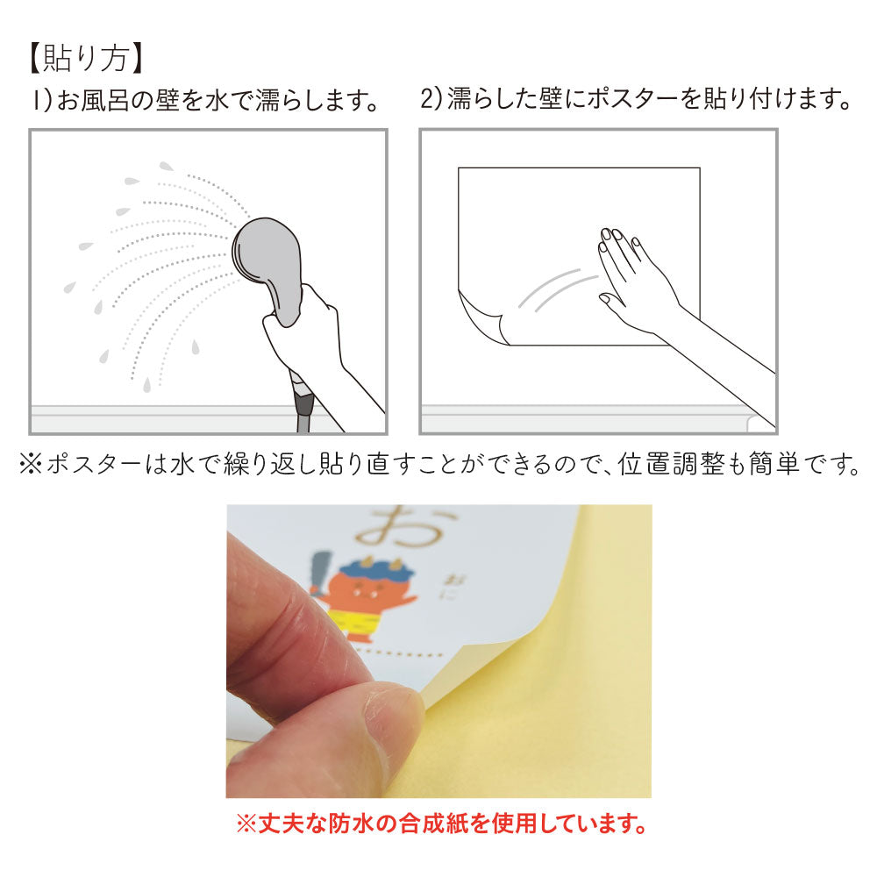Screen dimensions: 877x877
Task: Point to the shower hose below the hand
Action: (x=303, y=403)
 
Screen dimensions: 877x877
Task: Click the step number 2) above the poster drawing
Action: (x=431, y=99)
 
